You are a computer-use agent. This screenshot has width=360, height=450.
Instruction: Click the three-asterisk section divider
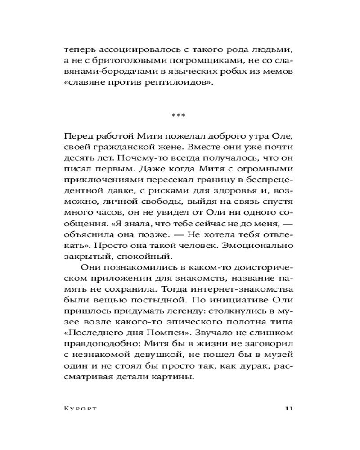point(179,116)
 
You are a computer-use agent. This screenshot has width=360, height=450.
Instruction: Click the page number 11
point(289,409)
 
